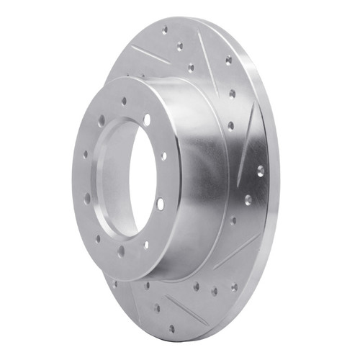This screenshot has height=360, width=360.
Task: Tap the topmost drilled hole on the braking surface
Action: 165,30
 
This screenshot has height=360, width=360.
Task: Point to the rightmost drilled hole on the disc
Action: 260,171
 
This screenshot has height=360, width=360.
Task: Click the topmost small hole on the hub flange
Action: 124,102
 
